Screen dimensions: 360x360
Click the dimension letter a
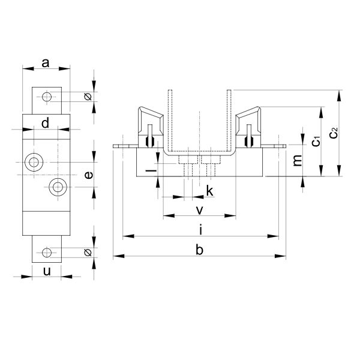click(x=46, y=63)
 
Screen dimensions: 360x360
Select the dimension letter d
click(x=45, y=123)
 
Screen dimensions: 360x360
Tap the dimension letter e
click(x=89, y=175)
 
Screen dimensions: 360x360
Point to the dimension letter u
click(x=47, y=271)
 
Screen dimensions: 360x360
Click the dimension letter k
click(x=210, y=191)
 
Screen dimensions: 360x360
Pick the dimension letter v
click(x=200, y=210)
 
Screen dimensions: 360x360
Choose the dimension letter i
click(x=201, y=230)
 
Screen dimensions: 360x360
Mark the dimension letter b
click(x=200, y=250)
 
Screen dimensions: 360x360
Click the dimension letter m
click(x=298, y=160)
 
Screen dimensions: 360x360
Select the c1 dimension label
click(x=316, y=141)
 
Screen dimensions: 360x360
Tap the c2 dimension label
click(x=334, y=133)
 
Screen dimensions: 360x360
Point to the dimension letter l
click(x=151, y=170)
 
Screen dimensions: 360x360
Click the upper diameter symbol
click(x=88, y=97)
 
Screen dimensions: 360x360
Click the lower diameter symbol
click(x=88, y=253)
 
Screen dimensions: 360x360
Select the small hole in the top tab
click(x=47, y=97)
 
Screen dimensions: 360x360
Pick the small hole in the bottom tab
click(x=47, y=253)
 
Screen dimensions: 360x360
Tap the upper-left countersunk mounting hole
click(x=34, y=163)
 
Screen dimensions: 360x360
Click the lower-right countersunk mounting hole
click(x=58, y=187)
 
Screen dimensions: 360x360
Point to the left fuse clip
click(x=151, y=127)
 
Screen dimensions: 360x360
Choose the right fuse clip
click(x=248, y=127)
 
